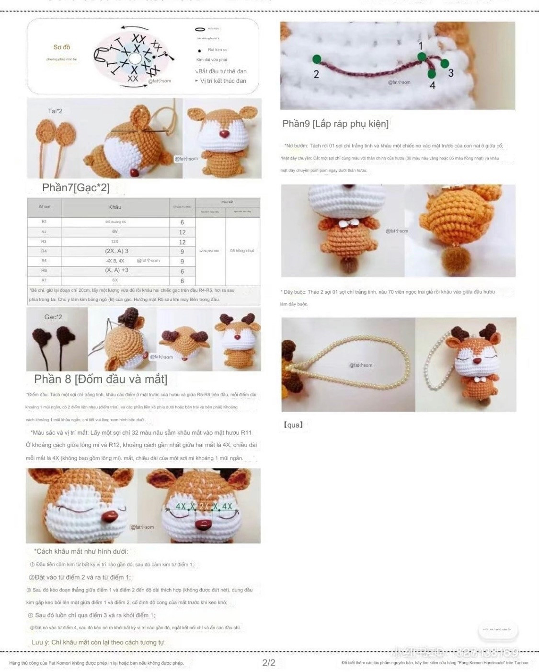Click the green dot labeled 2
click(317, 59)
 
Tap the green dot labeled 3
click(445, 63)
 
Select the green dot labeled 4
click(432, 74)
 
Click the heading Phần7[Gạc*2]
click(76, 187)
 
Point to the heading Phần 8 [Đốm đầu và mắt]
click(101, 379)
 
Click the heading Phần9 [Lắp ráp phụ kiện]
click(335, 124)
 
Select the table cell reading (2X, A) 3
click(116, 251)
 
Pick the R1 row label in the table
click(44, 221)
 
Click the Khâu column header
click(115, 207)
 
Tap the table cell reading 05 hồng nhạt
click(242, 251)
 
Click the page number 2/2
click(269, 663)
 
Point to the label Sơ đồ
click(62, 47)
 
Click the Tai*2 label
click(55, 111)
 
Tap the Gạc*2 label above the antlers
click(53, 317)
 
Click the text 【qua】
click(293, 425)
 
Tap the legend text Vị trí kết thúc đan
click(223, 81)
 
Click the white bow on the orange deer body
click(343, 224)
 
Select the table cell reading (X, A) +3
click(116, 270)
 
